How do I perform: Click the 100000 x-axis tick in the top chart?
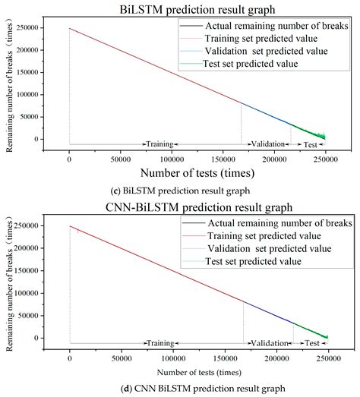(172, 160)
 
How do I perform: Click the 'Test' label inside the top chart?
(310, 143)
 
